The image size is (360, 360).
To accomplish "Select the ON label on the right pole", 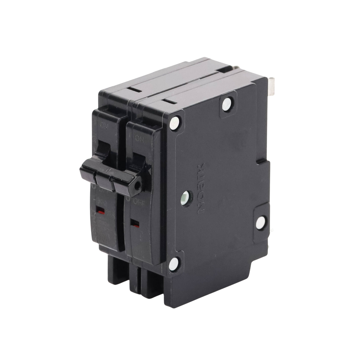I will point(139,138).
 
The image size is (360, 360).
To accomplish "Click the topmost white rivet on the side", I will point(226,104).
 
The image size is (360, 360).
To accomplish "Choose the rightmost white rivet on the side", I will point(260,222).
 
